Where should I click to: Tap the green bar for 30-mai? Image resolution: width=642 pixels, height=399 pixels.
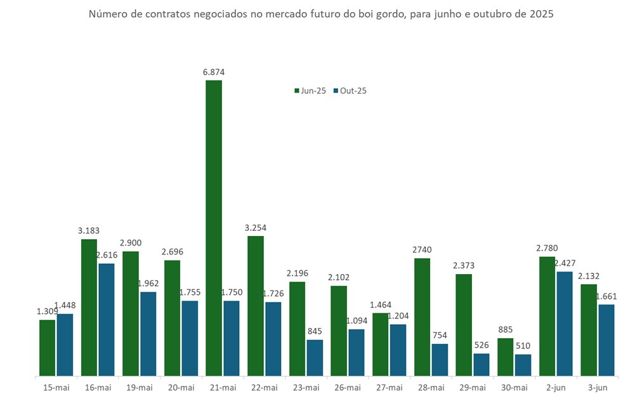coord(505,356)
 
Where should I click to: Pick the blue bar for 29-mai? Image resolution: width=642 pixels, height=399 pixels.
coord(481,364)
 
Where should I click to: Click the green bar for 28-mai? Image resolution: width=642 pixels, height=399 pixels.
coord(422,317)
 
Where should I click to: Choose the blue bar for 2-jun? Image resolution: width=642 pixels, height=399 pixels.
coord(565,324)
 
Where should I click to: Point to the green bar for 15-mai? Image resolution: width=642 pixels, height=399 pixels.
coord(48,347)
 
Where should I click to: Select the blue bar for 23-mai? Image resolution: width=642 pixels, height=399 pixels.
coord(315,357)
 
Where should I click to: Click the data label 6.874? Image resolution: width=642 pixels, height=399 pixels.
coord(213,72)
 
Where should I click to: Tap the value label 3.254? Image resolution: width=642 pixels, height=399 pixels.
coord(255,228)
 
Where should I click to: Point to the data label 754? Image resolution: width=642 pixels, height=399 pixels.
coord(439,336)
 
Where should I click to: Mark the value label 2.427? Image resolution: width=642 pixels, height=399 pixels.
coord(564,263)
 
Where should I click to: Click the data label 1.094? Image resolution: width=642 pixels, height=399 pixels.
coord(356,321)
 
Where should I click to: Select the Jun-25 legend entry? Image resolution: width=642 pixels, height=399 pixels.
coord(310,91)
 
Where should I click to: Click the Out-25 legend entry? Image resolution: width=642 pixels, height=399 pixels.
coord(350,91)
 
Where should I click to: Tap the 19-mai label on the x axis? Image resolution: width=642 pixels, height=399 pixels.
coord(140,387)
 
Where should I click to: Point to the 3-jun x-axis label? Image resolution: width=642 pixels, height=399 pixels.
coord(598,387)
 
